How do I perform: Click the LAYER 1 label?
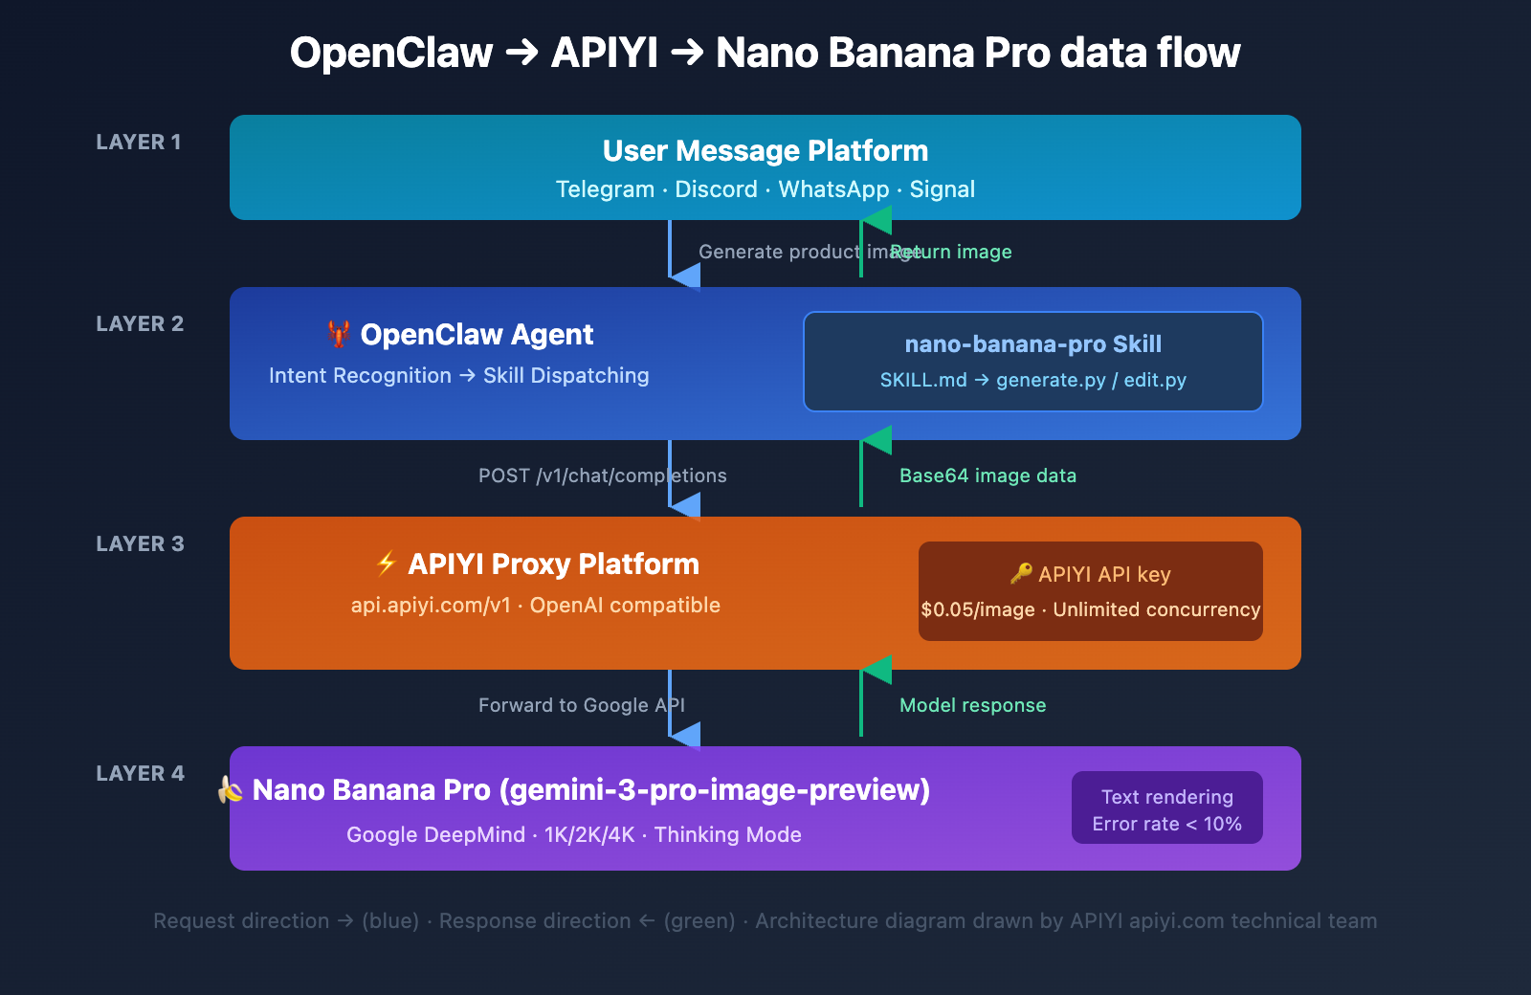[139, 143]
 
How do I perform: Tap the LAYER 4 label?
[140, 774]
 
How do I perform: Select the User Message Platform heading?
[765, 151]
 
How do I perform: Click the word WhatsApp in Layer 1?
[833, 189]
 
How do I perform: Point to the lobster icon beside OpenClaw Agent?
[339, 334]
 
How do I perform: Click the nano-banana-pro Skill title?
[1032, 344]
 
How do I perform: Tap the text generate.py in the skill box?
[1051, 381]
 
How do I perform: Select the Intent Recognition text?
[360, 376]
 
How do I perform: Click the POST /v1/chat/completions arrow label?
[602, 475]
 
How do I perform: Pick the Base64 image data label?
[987, 475]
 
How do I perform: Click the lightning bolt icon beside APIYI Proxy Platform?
[387, 564]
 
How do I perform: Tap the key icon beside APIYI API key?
[1021, 573]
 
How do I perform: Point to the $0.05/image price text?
[977, 610]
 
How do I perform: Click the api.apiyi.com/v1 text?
[431, 606]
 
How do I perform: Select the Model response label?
[972, 705]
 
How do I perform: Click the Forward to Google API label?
[581, 705]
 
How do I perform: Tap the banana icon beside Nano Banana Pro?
[231, 789]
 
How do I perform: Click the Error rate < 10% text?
[1166, 825]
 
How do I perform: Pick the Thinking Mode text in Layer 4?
[727, 835]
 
